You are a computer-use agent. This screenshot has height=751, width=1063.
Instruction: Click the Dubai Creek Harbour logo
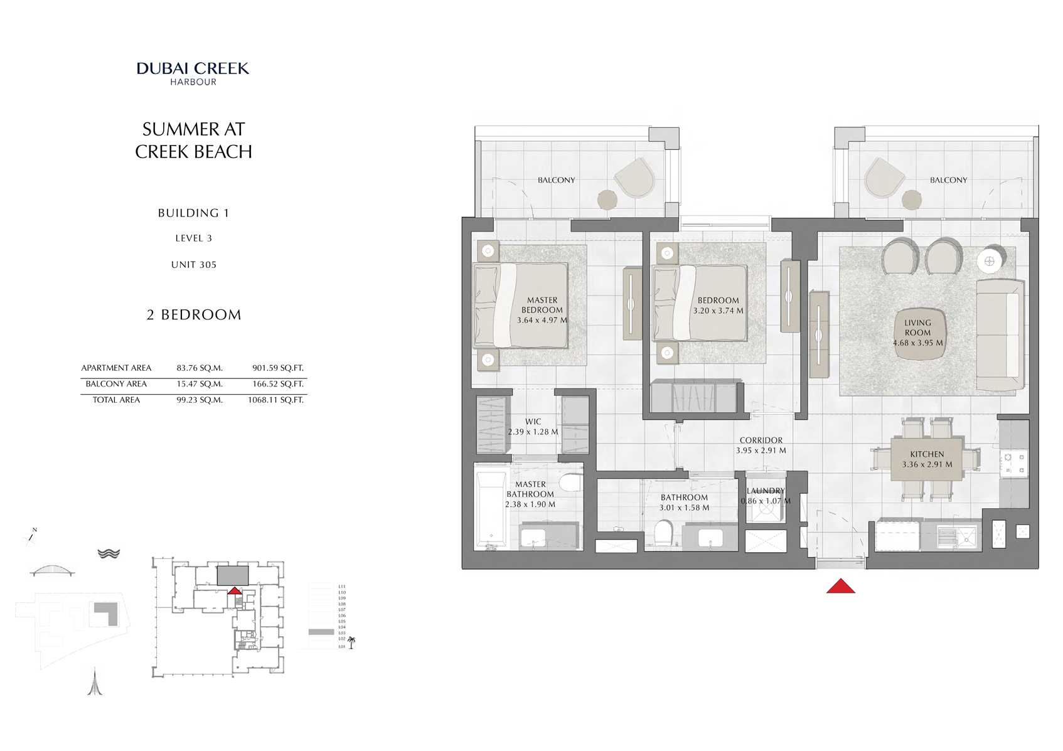193,73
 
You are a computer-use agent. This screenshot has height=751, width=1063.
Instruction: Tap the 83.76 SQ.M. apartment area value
200,368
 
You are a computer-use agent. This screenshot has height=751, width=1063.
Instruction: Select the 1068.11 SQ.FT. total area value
275,400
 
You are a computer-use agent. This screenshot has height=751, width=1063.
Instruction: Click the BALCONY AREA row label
116,384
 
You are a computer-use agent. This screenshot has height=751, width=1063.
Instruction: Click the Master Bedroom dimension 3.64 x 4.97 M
542,320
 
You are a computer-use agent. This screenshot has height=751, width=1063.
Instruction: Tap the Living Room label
917,328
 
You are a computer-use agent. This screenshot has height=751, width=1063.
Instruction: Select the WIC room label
533,422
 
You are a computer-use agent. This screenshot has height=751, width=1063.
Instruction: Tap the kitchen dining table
927,459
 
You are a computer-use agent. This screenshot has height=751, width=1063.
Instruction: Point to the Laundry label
766,491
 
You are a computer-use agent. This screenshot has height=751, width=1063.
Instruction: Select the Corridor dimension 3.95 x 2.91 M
761,450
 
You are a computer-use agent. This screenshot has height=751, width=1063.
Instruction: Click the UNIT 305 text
194,265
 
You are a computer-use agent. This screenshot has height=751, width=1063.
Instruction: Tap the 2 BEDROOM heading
194,315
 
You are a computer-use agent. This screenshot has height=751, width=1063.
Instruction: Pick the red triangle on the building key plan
234,590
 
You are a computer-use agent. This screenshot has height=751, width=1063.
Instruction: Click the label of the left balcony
556,180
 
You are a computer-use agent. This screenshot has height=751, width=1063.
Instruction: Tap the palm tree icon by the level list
351,642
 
